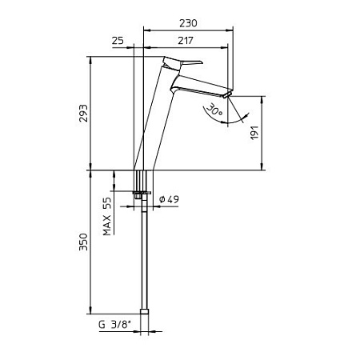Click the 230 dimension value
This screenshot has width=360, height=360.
pyautogui.click(x=188, y=23)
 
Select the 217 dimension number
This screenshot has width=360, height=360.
pyautogui.click(x=186, y=41)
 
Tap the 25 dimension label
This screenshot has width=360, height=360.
pyautogui.click(x=118, y=41)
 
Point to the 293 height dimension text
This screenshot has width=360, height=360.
pyautogui.click(x=83, y=114)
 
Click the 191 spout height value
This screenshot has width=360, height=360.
pyautogui.click(x=254, y=132)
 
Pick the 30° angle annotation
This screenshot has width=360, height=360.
pyautogui.click(x=214, y=110)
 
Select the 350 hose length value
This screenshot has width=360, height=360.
pyautogui.click(x=83, y=242)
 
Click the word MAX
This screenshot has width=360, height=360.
pyautogui.click(x=107, y=226)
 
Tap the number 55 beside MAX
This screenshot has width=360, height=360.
pyautogui.click(x=107, y=204)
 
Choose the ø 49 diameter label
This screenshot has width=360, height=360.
pyautogui.click(x=169, y=199)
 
